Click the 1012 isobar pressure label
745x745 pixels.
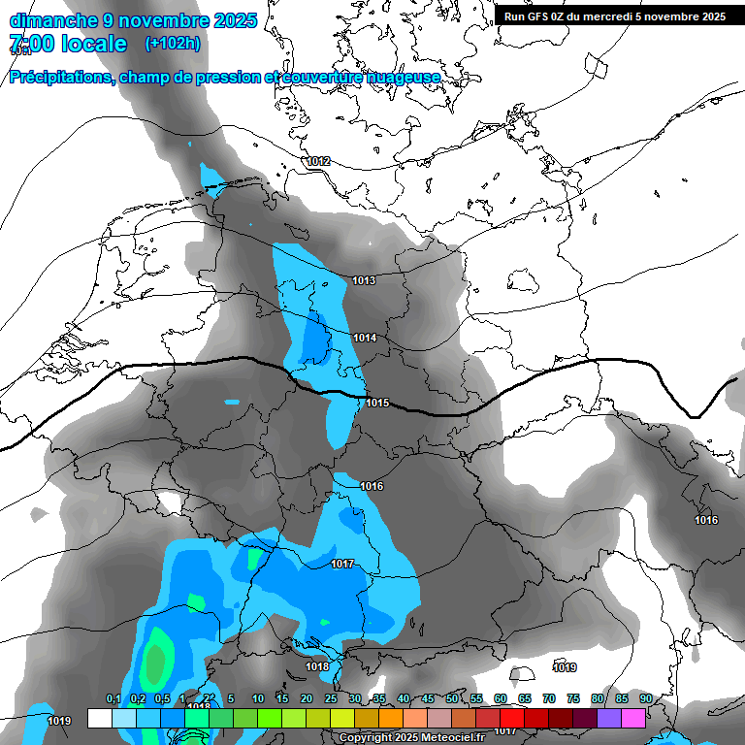click(318, 161)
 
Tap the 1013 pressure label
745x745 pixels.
click(364, 280)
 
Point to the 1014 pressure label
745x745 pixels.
click(365, 338)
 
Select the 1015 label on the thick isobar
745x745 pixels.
click(377, 403)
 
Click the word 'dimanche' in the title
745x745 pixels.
click(53, 19)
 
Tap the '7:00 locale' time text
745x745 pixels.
click(68, 44)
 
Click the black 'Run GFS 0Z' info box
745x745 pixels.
click(615, 16)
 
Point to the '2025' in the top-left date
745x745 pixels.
click(236, 19)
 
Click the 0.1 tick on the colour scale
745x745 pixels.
click(113, 698)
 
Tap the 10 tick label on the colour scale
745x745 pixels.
click(258, 698)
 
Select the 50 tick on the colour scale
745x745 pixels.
click(452, 698)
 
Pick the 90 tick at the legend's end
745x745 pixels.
click(645, 698)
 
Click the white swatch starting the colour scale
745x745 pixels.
click(100, 718)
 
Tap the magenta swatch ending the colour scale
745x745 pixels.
click(633, 718)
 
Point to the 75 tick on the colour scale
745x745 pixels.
click(573, 698)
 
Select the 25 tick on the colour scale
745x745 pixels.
click(331, 698)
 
